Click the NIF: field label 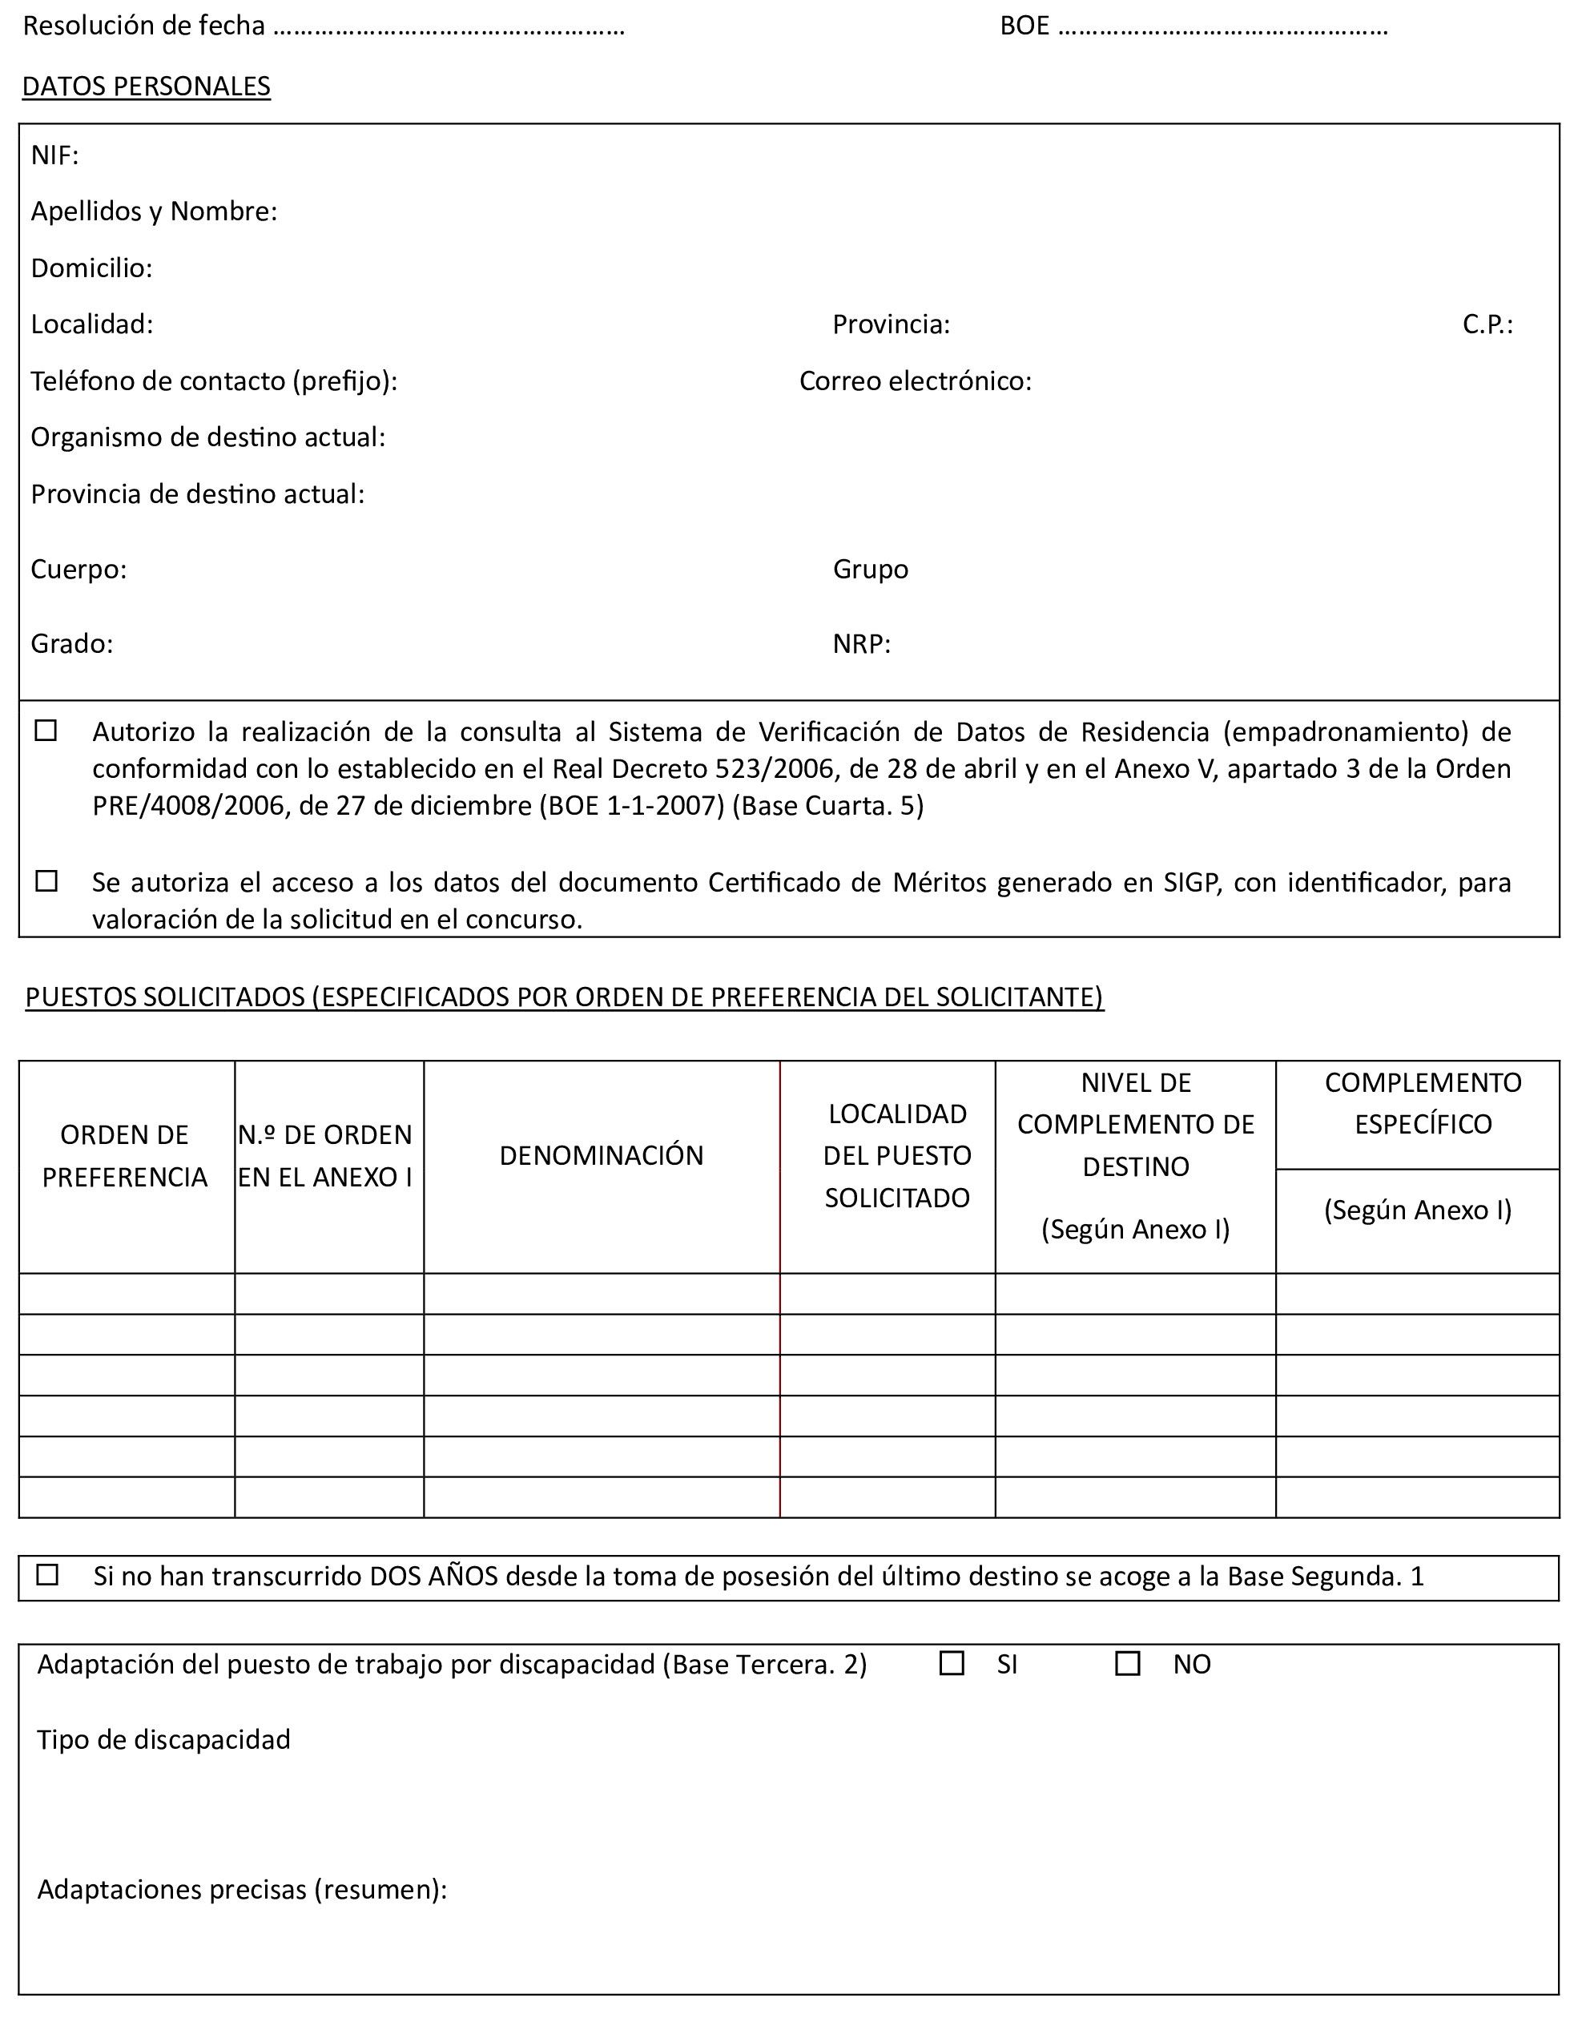(x=54, y=155)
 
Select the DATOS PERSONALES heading (x=147, y=87)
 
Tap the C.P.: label (x=1487, y=324)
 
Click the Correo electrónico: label (x=915, y=381)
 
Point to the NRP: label (x=861, y=644)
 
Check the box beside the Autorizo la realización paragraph (x=46, y=731)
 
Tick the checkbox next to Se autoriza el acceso (x=46, y=881)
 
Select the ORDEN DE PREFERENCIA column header (x=125, y=1156)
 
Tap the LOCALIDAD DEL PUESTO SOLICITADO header (x=896, y=1155)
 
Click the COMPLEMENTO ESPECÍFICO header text (x=1423, y=1103)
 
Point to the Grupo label (x=871, y=569)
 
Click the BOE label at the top (x=1024, y=26)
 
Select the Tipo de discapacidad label (x=164, y=1739)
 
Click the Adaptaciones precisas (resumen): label (x=242, y=1890)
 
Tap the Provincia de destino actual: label (x=197, y=493)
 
